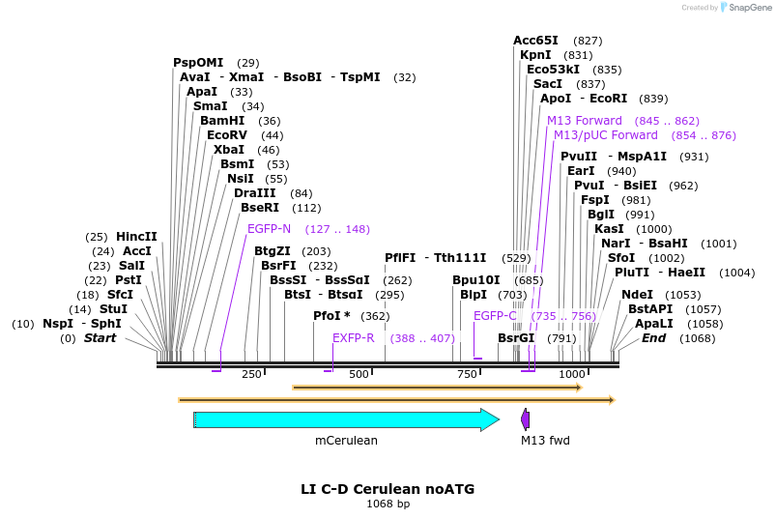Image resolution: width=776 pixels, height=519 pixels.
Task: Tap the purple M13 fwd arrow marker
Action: (526, 419)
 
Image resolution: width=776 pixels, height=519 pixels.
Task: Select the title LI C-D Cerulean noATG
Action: (388, 489)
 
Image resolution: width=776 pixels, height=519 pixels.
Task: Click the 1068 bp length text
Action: (388, 505)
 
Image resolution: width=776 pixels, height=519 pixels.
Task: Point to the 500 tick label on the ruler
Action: (359, 374)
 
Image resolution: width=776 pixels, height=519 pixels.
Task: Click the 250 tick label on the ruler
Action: (252, 374)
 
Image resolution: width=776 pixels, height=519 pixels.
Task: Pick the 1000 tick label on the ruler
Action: (572, 374)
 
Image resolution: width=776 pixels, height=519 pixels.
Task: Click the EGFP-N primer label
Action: (269, 229)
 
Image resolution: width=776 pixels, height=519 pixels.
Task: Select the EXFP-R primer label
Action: (353, 338)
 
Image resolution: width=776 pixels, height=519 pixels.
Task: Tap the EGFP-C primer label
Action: (495, 316)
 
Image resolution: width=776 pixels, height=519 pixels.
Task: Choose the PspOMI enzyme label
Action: (198, 63)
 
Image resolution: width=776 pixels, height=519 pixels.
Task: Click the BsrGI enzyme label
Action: (516, 338)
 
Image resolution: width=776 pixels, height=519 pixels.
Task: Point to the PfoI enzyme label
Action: (331, 316)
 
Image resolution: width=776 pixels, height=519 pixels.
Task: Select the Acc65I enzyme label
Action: (535, 41)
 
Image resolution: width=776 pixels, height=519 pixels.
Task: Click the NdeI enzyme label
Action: (637, 295)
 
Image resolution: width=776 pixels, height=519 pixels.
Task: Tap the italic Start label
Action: (100, 338)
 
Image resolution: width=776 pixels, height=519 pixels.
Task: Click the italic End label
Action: (654, 338)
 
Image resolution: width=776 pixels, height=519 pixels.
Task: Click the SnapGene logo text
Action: (750, 8)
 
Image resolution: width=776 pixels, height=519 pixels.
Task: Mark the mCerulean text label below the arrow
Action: (346, 441)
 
